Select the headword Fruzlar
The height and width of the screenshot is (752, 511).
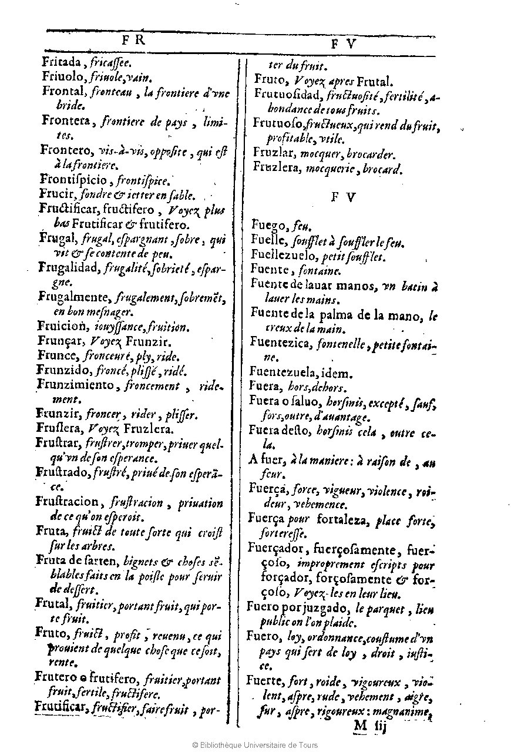click(x=274, y=155)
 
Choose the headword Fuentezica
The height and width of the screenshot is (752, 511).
click(x=279, y=343)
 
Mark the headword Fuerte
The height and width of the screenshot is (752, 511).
click(x=265, y=683)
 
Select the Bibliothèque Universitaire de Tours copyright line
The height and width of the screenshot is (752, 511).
click(x=255, y=744)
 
